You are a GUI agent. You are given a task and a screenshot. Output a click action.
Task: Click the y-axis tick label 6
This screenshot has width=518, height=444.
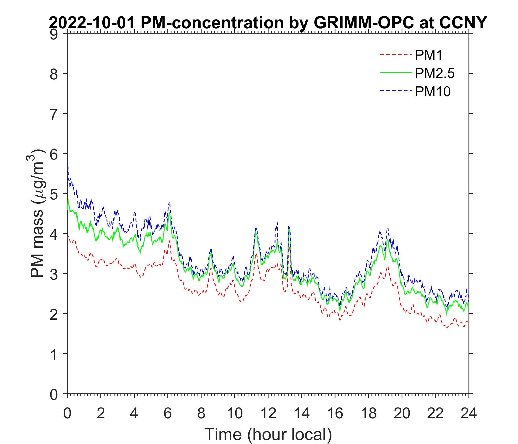tap(55, 154)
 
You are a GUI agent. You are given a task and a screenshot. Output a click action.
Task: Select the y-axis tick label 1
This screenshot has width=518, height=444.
tap(55, 354)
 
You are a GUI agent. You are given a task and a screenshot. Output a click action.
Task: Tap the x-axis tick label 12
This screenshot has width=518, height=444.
tap(268, 413)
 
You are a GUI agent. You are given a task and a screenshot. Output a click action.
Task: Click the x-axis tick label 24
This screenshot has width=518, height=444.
tap(468, 413)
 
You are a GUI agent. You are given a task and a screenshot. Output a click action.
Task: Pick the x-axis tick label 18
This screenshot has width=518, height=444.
tap(369, 413)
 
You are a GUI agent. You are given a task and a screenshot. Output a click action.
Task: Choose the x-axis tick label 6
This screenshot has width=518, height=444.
tap(167, 413)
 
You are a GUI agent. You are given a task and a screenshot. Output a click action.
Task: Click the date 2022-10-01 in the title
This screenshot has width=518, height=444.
tap(92, 23)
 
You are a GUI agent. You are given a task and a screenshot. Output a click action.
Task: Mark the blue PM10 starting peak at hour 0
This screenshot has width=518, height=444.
tap(68, 167)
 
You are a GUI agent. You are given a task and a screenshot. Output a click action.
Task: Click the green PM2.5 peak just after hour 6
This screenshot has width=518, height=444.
tap(169, 213)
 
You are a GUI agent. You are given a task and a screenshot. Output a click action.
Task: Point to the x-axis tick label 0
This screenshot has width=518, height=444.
tap(67, 413)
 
